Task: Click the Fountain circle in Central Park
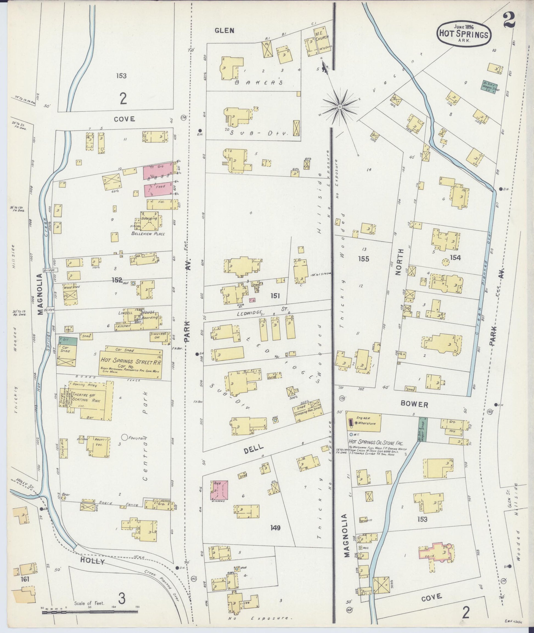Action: click(124, 437)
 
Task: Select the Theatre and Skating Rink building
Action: click(91, 398)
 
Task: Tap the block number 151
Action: click(275, 296)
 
